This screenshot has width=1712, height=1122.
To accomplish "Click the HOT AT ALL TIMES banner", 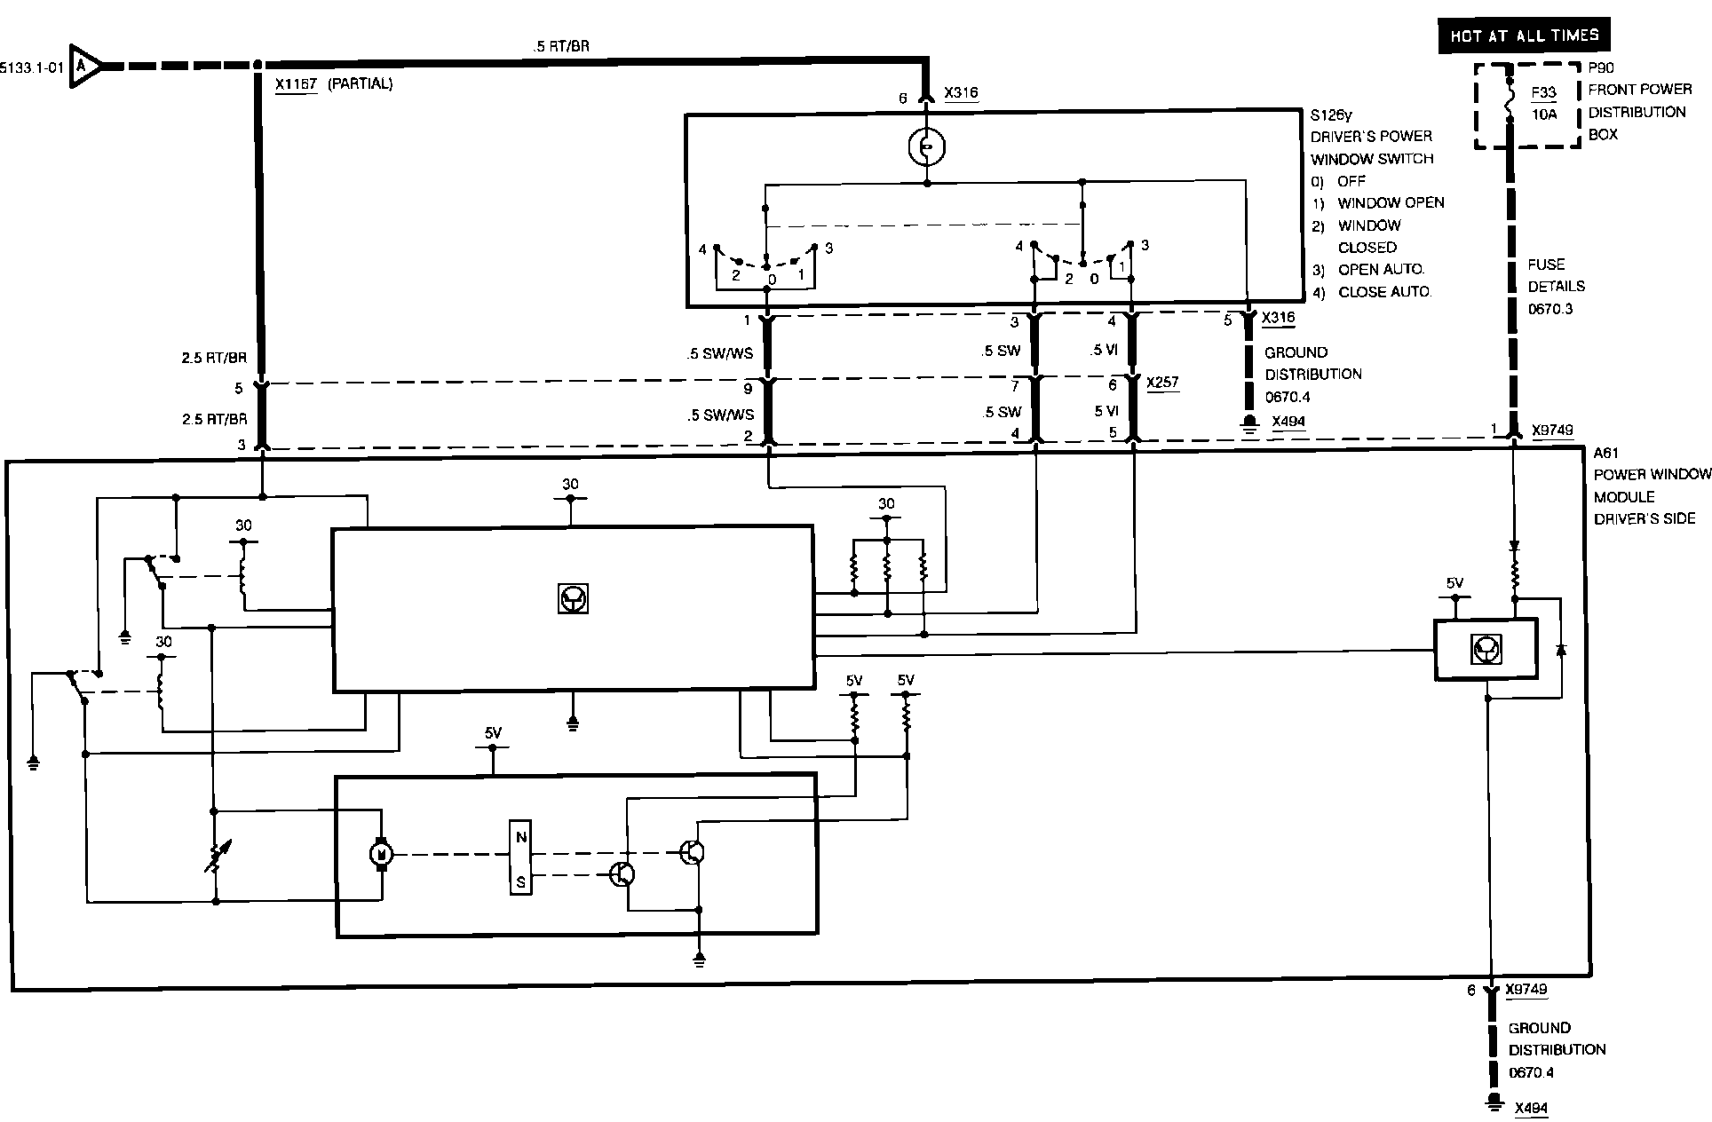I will click(x=1524, y=36).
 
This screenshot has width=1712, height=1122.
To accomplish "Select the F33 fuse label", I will click(x=1543, y=92).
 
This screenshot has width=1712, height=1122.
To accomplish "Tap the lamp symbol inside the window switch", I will click(x=926, y=147).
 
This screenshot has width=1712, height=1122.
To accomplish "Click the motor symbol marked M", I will click(x=382, y=854).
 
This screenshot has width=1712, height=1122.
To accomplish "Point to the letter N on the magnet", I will click(x=521, y=837).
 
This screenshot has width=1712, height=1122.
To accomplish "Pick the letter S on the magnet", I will click(x=521, y=881).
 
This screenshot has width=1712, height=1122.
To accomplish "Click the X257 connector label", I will click(x=1162, y=383).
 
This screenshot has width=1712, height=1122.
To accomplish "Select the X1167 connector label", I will click(x=297, y=84).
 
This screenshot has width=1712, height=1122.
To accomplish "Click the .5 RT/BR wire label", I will click(x=560, y=46).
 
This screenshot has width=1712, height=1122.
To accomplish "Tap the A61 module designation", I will click(x=1606, y=453).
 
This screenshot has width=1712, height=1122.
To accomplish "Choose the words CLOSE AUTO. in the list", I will click(x=1384, y=291).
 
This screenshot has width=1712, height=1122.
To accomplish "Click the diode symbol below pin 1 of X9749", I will click(x=1515, y=546).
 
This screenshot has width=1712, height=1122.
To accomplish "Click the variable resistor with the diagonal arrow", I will click(x=213, y=857).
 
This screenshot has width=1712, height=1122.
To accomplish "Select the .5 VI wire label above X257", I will click(x=1103, y=351).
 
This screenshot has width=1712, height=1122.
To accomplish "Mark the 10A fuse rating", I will click(x=1543, y=115).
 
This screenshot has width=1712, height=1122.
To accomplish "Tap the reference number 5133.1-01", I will click(x=32, y=67).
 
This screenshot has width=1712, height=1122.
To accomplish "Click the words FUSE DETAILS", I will click(x=1556, y=275).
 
